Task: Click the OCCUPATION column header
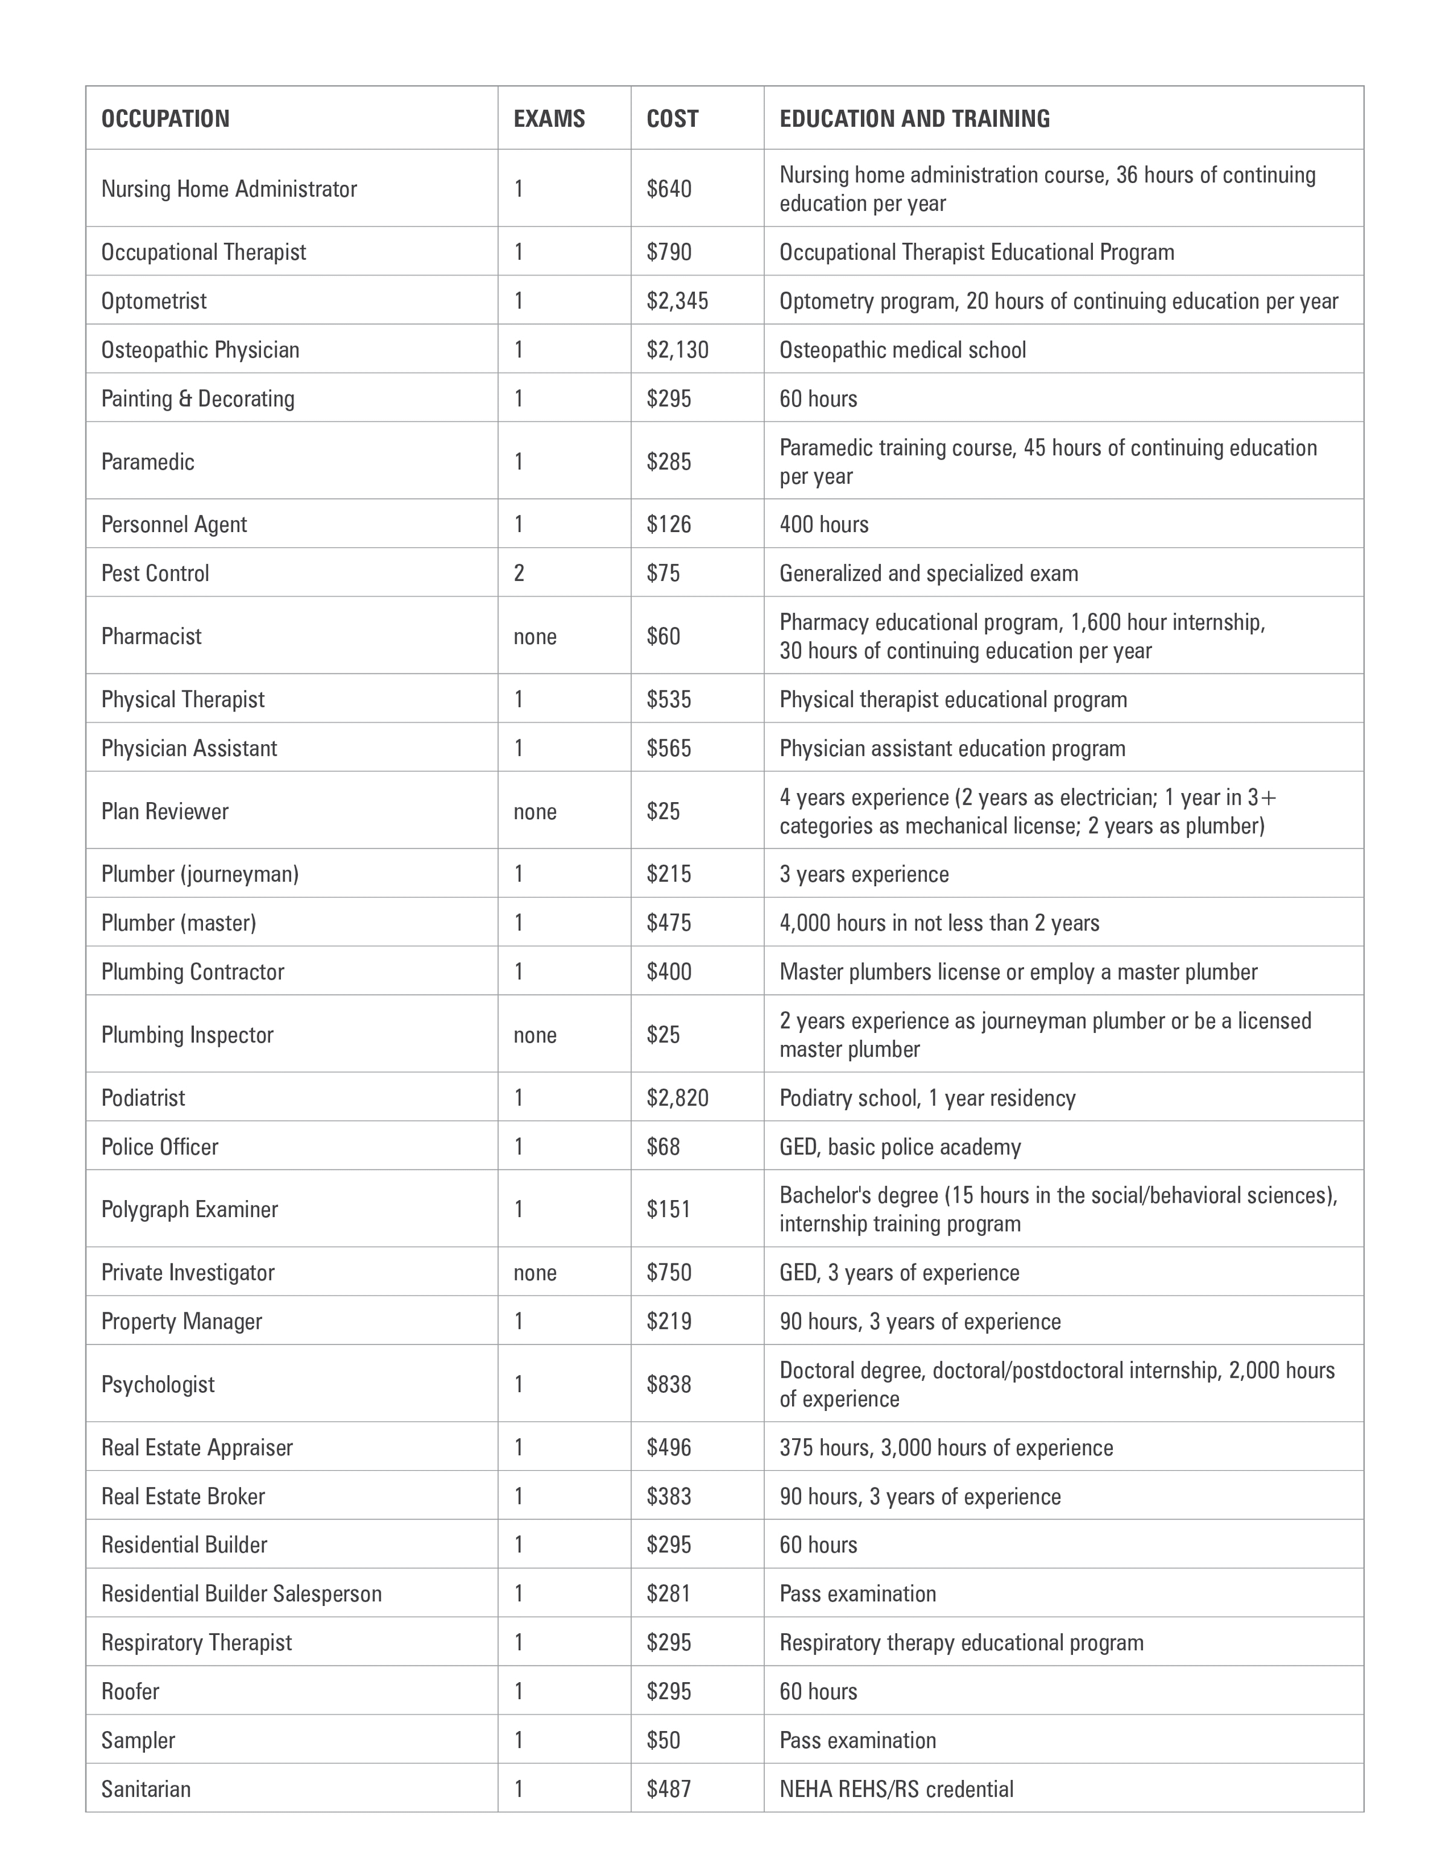(x=165, y=118)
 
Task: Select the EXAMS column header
(x=549, y=118)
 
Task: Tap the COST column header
(x=672, y=118)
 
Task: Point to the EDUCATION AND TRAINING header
(x=914, y=118)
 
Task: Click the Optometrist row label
(x=154, y=301)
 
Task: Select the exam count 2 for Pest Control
(x=519, y=574)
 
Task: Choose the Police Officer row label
(x=159, y=1148)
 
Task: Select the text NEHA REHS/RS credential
(x=896, y=1789)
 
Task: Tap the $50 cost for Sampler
(x=663, y=1740)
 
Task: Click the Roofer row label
(x=130, y=1691)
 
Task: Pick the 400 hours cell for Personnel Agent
(x=824, y=525)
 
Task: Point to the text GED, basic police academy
(x=900, y=1148)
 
